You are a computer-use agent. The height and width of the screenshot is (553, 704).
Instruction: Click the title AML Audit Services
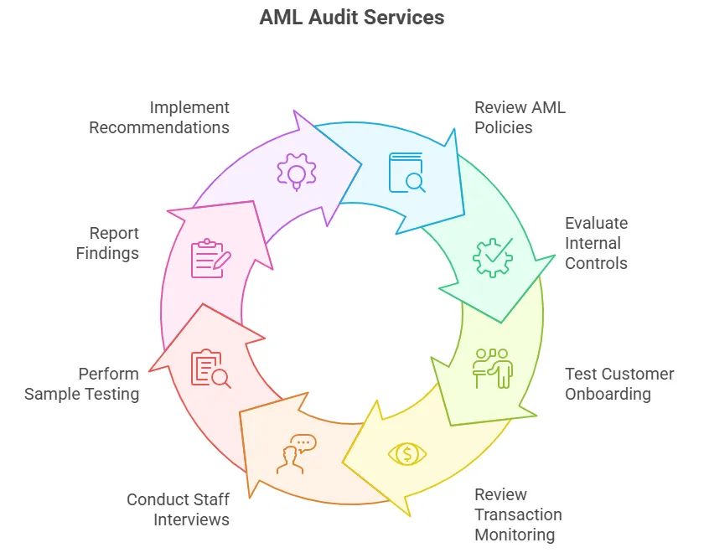[352, 18]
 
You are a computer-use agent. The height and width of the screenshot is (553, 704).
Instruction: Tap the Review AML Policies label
[520, 117]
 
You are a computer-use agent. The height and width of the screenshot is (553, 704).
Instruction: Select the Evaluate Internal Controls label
[596, 243]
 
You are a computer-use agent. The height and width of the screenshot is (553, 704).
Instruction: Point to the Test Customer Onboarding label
[619, 384]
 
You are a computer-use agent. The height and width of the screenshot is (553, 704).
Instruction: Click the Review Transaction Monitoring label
[518, 514]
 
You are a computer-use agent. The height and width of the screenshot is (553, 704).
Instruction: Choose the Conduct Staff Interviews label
[178, 509]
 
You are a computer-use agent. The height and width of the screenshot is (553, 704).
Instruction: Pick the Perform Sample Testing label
[81, 384]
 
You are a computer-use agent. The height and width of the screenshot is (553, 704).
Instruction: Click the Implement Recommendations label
[159, 117]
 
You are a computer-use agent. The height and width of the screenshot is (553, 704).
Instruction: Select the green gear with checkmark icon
[493, 257]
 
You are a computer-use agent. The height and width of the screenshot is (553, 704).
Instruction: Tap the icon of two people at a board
[493, 368]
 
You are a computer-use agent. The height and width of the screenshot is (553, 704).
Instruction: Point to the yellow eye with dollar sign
[407, 454]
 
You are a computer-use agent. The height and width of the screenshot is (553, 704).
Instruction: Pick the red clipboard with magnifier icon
[210, 369]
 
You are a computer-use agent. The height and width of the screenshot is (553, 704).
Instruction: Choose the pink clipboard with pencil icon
[210, 258]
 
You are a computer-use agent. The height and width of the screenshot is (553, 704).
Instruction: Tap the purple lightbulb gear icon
[297, 172]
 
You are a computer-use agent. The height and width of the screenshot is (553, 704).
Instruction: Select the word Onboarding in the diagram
[608, 394]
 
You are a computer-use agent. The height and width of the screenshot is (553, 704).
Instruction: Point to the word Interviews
[191, 519]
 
